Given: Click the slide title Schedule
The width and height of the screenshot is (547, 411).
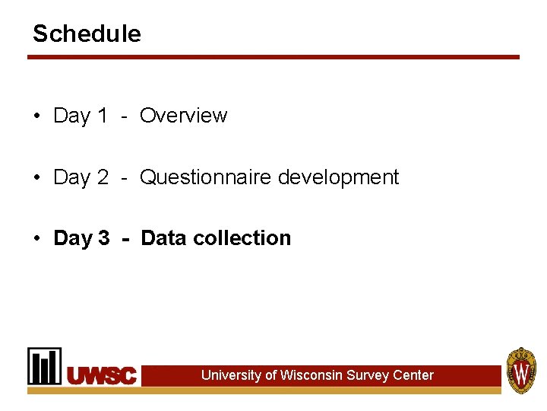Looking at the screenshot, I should (87, 33).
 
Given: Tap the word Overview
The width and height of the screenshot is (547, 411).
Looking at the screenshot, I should (183, 116).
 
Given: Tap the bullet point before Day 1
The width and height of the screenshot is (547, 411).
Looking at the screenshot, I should (36, 116).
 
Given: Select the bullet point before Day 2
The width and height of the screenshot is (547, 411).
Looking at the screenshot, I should (36, 178).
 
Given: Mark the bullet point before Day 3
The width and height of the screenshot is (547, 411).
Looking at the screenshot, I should (36, 239).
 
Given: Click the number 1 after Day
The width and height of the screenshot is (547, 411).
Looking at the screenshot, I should (103, 116).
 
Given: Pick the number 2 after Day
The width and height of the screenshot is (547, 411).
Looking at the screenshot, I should (103, 177).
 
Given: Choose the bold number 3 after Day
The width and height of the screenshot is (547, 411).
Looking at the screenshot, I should (103, 238).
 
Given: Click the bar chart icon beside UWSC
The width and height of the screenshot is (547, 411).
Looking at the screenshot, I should (45, 366).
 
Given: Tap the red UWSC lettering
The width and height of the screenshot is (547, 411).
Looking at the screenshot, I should (102, 375).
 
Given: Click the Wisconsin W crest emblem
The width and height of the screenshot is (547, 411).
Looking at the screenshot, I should (521, 371).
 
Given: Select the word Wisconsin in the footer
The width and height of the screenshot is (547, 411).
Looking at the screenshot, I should (311, 375).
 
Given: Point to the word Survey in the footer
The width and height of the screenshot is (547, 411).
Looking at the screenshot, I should (368, 375).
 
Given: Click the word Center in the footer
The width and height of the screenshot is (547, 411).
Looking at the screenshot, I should (413, 375).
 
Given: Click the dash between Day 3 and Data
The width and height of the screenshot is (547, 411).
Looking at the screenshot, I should (125, 238).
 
